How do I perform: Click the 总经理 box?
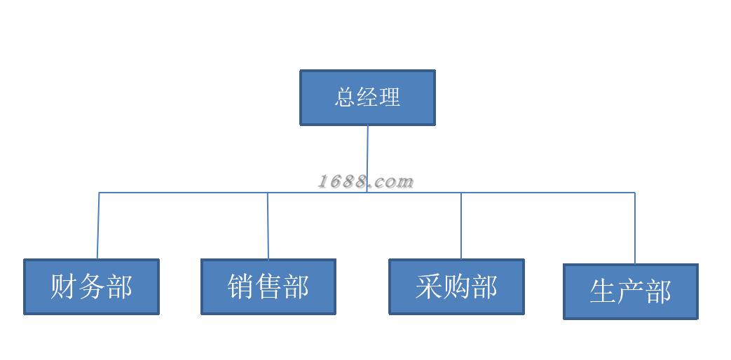(x=367, y=97)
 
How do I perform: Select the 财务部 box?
(x=91, y=286)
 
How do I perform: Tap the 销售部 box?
(x=268, y=286)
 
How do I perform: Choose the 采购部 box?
(x=456, y=286)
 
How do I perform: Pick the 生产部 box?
(x=631, y=291)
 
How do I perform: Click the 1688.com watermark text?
(x=366, y=182)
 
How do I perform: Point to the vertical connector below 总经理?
(x=367, y=151)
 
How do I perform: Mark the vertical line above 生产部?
(x=635, y=228)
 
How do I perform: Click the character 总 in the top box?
(x=346, y=97)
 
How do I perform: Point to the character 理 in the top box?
(x=390, y=97)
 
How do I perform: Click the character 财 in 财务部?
(x=63, y=286)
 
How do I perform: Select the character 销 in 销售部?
(x=240, y=286)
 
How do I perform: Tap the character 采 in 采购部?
(x=428, y=286)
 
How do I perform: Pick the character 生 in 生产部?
(x=603, y=291)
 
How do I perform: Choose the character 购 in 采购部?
(x=456, y=286)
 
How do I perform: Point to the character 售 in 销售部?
(x=268, y=286)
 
